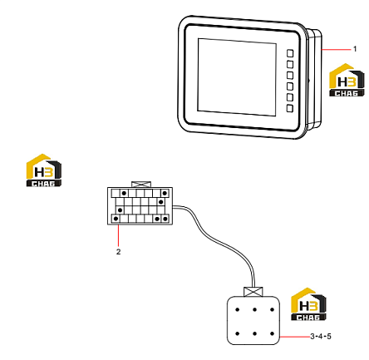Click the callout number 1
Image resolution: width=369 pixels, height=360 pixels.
(355, 49)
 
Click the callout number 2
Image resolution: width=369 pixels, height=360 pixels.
(118, 252)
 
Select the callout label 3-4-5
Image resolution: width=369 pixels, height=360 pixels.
(321, 337)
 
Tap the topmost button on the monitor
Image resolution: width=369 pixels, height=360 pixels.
(290, 53)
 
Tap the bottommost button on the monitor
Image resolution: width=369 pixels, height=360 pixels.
(290, 108)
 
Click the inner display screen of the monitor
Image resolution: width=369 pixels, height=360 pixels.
(237, 77)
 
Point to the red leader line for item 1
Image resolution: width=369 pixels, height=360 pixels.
(336, 50)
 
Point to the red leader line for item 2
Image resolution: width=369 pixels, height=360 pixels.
(119, 235)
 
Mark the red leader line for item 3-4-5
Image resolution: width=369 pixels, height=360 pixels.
(295, 337)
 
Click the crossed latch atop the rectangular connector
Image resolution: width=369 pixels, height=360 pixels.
(141, 185)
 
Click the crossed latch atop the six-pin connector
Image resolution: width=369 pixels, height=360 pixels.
(253, 292)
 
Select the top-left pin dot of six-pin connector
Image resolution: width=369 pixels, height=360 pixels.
(237, 309)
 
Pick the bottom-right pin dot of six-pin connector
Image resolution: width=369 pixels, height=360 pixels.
(272, 333)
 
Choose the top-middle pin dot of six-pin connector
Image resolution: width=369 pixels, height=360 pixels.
(254, 309)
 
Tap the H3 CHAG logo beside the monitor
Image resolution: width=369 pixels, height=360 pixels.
(347, 80)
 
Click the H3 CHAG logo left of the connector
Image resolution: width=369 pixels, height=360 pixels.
(44, 170)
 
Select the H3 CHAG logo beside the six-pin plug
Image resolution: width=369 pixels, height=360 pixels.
(308, 304)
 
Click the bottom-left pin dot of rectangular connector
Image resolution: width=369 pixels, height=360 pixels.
(116, 219)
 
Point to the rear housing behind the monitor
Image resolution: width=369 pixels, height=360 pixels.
(314, 79)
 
